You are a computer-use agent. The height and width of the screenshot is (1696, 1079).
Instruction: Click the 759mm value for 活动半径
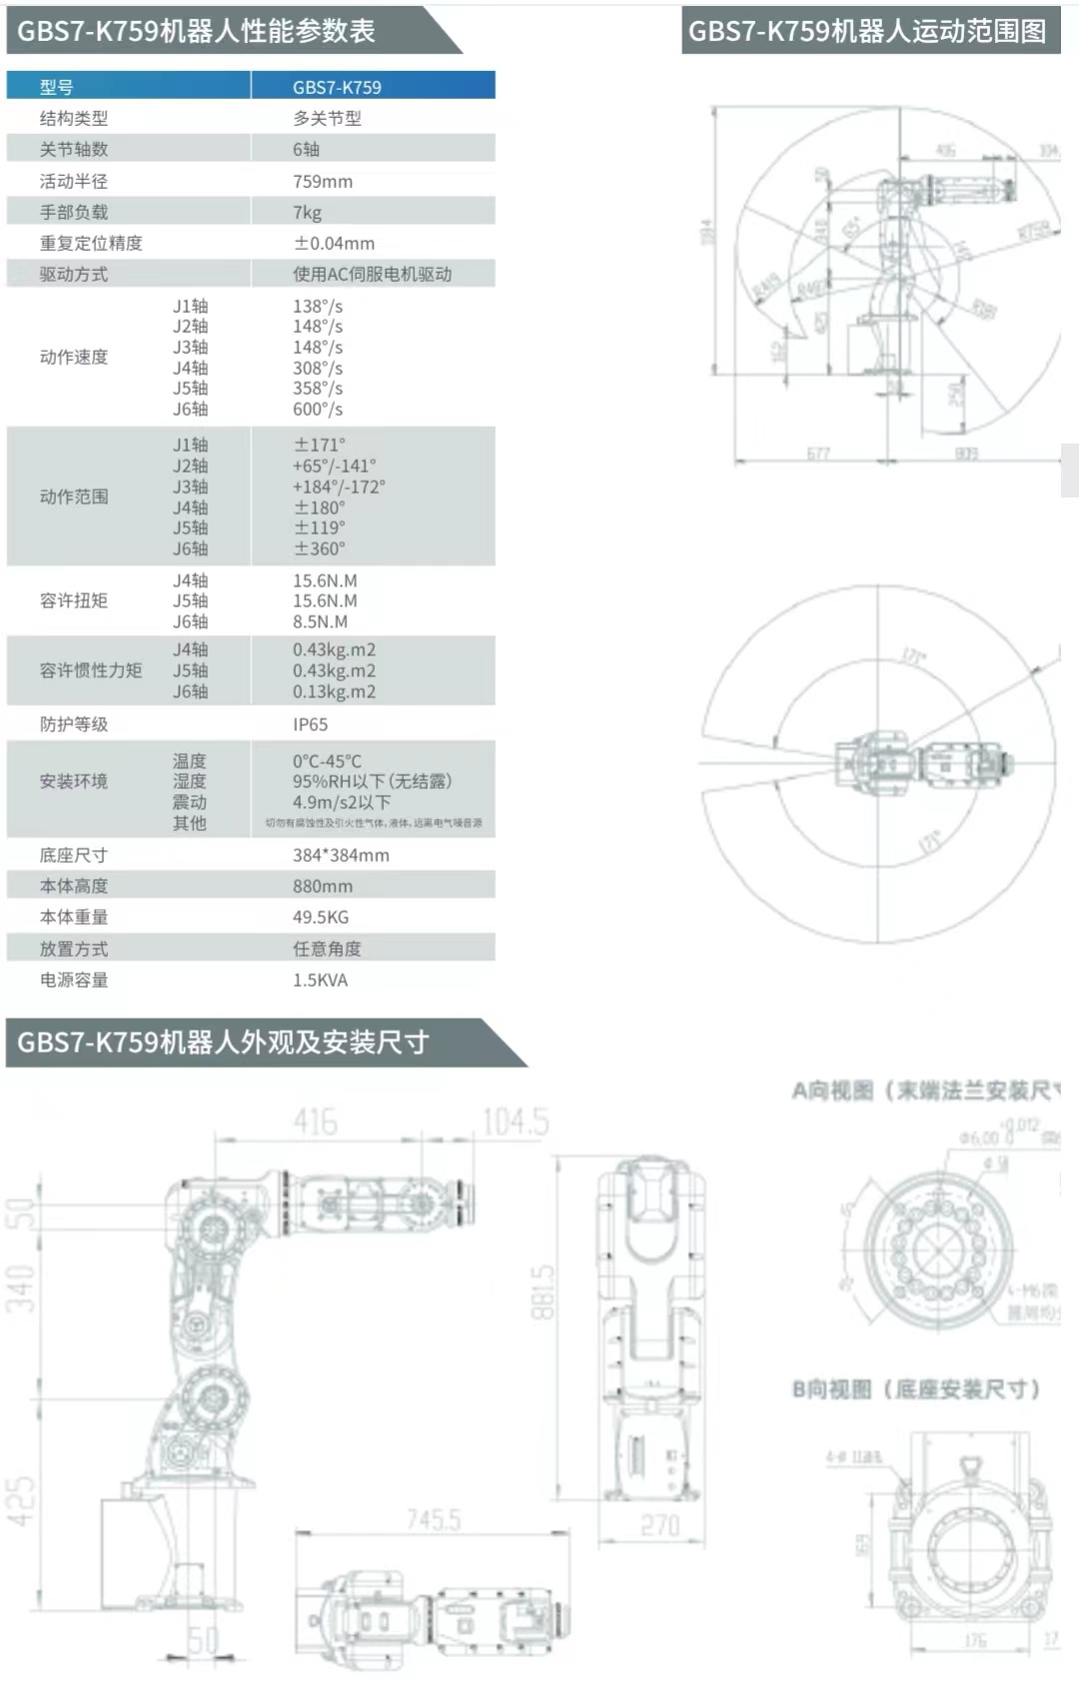pyautogui.click(x=322, y=181)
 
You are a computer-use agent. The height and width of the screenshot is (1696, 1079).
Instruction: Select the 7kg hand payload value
pyautogui.click(x=307, y=212)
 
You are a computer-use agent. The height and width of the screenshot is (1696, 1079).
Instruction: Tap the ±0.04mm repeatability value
pyautogui.click(x=334, y=243)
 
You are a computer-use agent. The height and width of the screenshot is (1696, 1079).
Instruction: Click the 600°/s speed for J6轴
pyautogui.click(x=317, y=409)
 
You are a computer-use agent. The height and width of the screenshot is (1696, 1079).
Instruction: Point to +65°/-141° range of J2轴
pyautogui.click(x=334, y=465)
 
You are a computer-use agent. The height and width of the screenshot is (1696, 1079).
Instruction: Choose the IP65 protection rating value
pyautogui.click(x=310, y=724)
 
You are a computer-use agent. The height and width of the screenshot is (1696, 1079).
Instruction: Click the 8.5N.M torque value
pyautogui.click(x=320, y=621)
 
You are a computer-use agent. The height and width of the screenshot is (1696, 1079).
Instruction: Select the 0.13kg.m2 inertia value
pyautogui.click(x=334, y=691)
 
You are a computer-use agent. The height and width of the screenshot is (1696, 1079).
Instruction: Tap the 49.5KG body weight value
pyautogui.click(x=320, y=917)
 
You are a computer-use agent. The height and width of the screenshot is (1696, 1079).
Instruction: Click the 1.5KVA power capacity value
pyautogui.click(x=320, y=980)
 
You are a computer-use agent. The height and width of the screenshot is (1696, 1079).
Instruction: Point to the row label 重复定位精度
pyautogui.click(x=91, y=243)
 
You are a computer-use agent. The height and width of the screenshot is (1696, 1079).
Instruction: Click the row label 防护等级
pyautogui.click(x=74, y=724)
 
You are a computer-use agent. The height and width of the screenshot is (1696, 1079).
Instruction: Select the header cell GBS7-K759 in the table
pyautogui.click(x=337, y=87)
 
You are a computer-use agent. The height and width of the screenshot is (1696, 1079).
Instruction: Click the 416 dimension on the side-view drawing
pyautogui.click(x=315, y=1122)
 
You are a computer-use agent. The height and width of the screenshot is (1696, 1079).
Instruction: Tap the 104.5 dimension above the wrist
pyautogui.click(x=516, y=1122)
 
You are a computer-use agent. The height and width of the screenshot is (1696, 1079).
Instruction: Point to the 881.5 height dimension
pyautogui.click(x=542, y=1292)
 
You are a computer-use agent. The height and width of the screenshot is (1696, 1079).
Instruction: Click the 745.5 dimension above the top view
pyautogui.click(x=434, y=1519)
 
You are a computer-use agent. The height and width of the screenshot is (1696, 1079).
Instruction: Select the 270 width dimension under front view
pyautogui.click(x=659, y=1525)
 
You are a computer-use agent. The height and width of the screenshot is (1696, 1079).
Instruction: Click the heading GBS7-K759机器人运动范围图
pyautogui.click(x=867, y=31)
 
